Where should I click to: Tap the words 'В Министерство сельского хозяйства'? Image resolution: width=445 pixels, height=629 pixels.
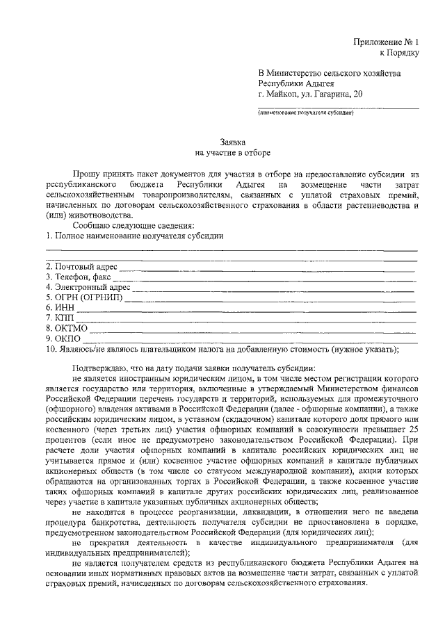click(329, 72)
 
